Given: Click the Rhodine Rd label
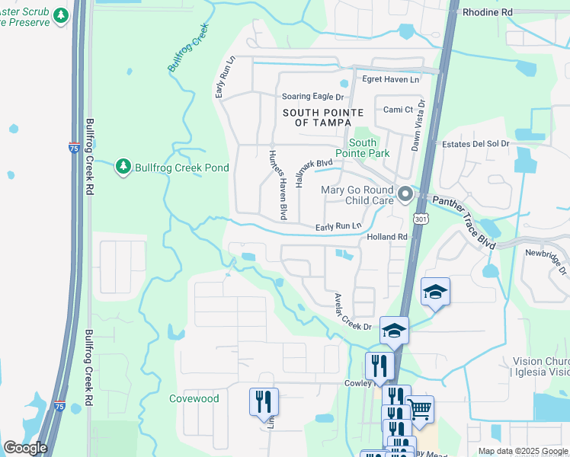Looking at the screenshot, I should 487,13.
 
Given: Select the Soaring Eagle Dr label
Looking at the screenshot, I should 312,97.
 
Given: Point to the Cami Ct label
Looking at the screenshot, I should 397,110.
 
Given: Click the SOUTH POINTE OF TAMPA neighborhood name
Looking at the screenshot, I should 317,117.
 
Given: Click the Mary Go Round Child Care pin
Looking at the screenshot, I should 405,195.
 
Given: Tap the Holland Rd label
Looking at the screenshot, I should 387,237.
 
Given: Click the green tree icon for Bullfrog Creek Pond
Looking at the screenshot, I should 123,166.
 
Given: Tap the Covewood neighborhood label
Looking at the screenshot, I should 194,398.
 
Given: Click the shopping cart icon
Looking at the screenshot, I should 420,409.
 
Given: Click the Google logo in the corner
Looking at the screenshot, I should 25,448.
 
